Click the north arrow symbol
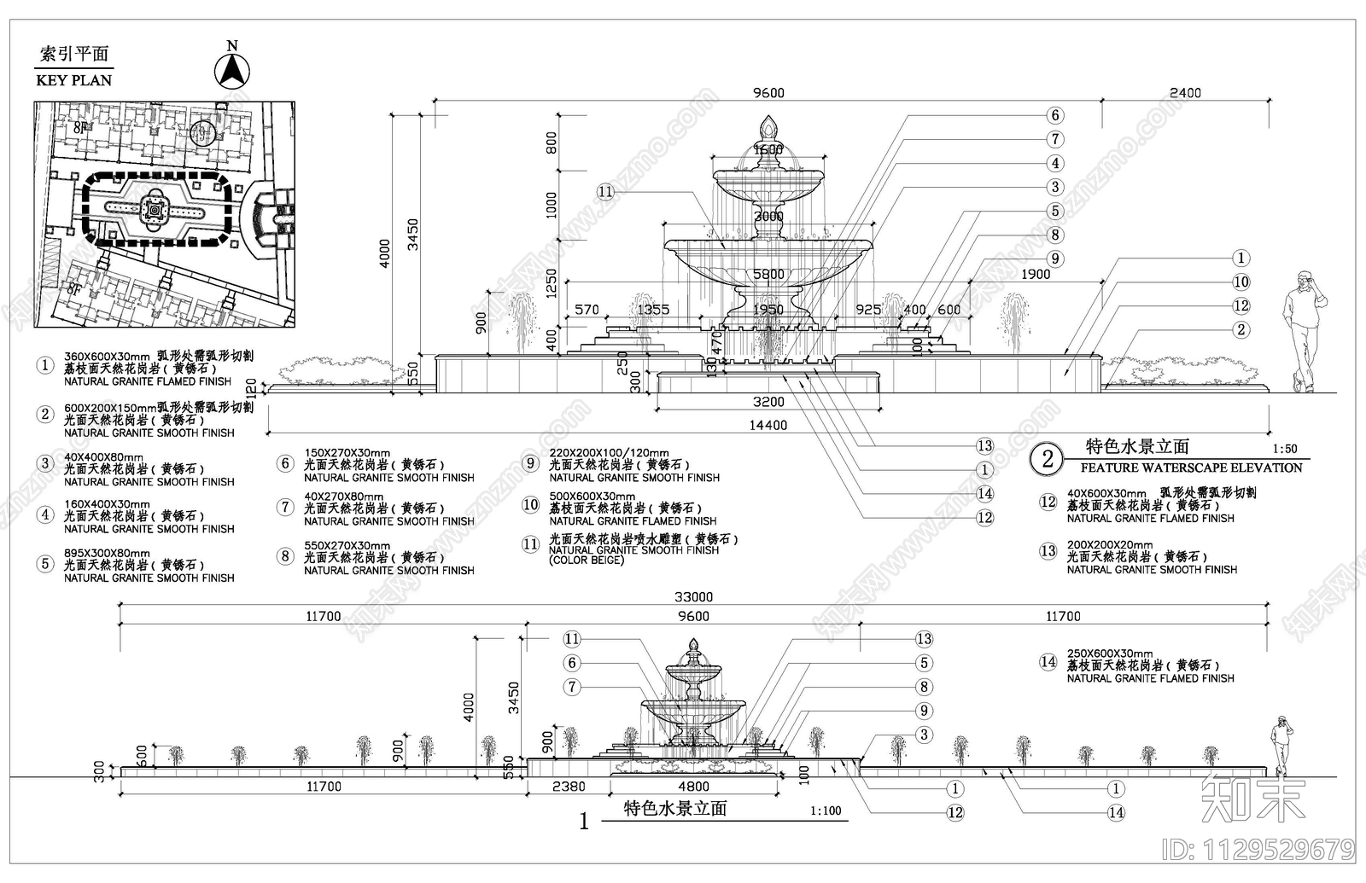tap(231, 68)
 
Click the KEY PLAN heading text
tap(74, 80)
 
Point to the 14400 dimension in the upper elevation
tap(768, 425)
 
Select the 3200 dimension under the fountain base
tap(768, 402)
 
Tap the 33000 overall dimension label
tap(693, 597)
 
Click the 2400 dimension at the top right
tap(1185, 93)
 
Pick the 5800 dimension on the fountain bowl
tap(768, 275)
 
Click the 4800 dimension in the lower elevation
tap(693, 787)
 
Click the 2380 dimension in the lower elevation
tap(569, 787)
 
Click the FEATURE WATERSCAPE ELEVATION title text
tap(1191, 468)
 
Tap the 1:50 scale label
tap(1284, 449)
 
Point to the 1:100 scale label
tap(826, 811)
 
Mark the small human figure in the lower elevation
tap(1279, 745)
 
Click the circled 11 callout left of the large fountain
tap(605, 192)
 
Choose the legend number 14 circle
tap(1048, 662)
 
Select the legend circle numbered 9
tap(530, 463)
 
